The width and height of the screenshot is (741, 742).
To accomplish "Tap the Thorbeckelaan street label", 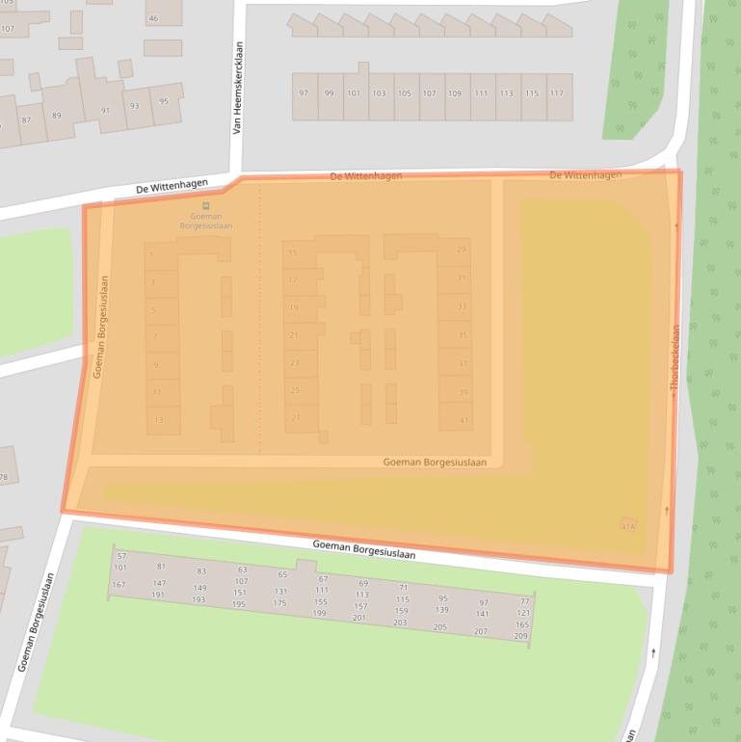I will pos(675,357).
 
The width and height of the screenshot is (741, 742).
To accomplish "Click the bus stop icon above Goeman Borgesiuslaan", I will pos(205,205).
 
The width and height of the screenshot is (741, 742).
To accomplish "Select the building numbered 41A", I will pos(628,527).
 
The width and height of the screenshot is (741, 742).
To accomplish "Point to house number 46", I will pos(153,18).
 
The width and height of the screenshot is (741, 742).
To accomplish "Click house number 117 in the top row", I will pos(556,93).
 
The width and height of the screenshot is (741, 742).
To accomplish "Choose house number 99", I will pos(329,93).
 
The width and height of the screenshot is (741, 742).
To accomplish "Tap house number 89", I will pos(56,116).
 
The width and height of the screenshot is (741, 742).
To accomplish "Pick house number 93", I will pos(134,106).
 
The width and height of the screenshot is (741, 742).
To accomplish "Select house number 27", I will pos(295,417).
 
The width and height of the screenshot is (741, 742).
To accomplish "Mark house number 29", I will pos(462,250).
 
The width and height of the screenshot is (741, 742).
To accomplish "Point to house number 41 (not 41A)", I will pos(463,420).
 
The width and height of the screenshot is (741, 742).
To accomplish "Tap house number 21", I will pos(294,334).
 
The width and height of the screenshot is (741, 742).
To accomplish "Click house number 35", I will pos(463,335).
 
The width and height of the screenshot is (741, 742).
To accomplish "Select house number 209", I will pos(521,636).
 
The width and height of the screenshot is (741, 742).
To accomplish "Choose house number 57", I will pos(121,556).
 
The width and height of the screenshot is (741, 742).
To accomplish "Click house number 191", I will pos(158,595).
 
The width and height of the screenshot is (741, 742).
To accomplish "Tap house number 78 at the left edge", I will pos(4,477).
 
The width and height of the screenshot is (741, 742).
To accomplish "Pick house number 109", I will pos(455,93).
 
